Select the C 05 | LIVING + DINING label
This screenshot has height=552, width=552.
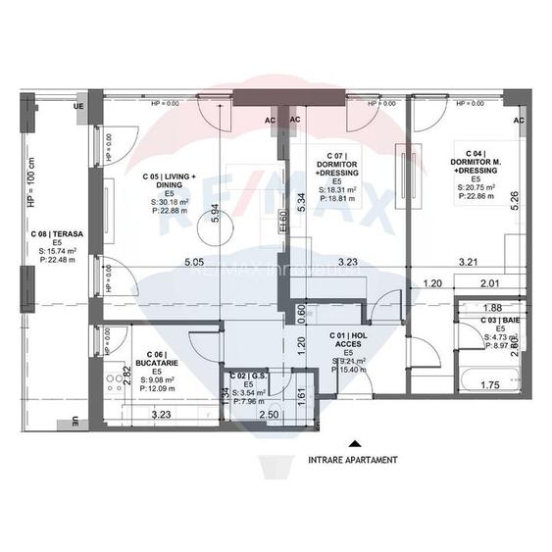coord(168,183)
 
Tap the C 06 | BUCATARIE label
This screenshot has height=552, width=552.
coord(152,359)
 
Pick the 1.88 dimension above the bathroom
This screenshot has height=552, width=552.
coord(491,307)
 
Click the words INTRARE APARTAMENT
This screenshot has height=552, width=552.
coord(353,459)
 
